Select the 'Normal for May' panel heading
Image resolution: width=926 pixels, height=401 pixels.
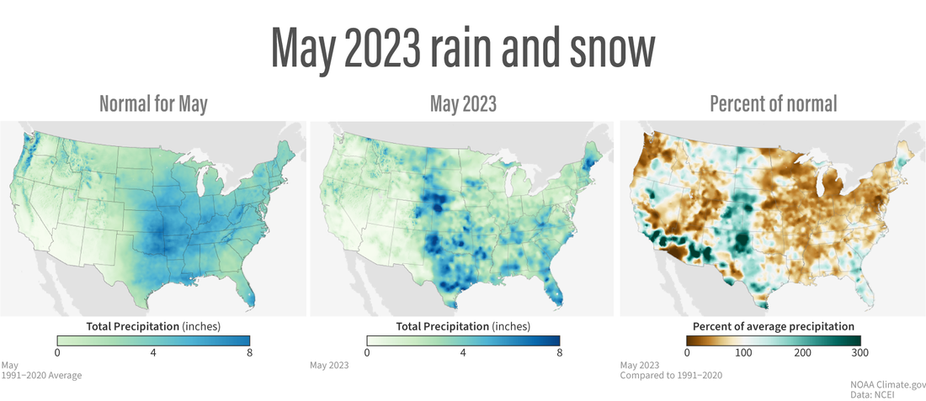(x=153, y=104)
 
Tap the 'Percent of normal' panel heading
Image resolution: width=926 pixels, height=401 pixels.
(x=773, y=104)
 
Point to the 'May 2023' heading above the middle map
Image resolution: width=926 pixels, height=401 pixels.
(x=463, y=104)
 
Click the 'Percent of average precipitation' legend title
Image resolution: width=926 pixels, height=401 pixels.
(x=773, y=326)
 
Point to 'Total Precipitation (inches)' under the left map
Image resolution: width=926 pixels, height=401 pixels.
(x=153, y=326)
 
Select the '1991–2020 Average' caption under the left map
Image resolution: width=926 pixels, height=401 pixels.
(x=42, y=376)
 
